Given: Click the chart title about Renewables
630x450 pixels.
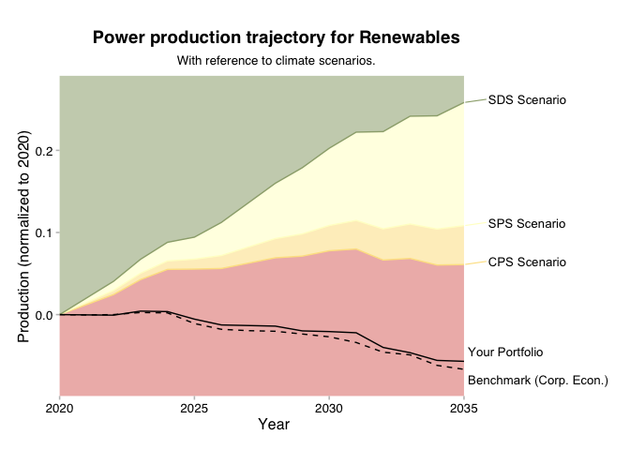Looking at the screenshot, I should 277,38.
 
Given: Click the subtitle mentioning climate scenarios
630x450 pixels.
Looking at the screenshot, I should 277,61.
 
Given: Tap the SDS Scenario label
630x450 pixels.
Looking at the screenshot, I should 527,99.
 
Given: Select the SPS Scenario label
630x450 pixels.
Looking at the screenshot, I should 527,223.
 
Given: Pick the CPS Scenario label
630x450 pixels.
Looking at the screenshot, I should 527,262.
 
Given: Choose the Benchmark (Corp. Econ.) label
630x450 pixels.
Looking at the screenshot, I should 538,381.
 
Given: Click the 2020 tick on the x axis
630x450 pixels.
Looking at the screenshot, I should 59,409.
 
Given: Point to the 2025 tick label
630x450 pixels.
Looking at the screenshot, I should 194,409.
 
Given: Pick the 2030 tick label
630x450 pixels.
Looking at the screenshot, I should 328,409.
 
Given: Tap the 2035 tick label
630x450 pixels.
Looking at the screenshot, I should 463,409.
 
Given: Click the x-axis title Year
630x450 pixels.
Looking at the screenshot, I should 273,425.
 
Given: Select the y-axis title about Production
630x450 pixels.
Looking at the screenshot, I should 24,235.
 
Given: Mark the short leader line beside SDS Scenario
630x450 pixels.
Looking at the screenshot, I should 474,100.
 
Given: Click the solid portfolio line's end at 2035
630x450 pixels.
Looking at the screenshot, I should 463,361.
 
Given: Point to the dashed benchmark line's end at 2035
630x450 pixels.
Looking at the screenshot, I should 463,369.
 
